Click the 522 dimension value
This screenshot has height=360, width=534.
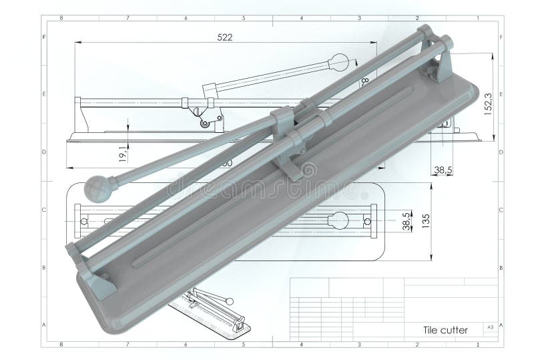point(225,37)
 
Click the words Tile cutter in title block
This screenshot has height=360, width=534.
point(445,330)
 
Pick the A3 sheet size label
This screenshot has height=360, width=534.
point(491,327)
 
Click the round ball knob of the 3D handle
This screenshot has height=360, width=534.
point(99,188)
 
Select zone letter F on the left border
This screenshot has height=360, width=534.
point(44,37)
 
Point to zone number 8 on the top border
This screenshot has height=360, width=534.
point(61,18)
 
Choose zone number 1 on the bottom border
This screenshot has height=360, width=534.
point(477,345)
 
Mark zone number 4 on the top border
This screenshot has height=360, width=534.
point(302,18)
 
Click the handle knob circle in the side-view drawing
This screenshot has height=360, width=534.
point(340,63)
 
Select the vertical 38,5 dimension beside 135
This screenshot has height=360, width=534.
point(406,220)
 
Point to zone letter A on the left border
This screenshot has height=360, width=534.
point(44,325)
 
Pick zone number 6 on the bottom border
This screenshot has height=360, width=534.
point(185,345)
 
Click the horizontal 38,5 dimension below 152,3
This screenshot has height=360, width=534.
point(443,170)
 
